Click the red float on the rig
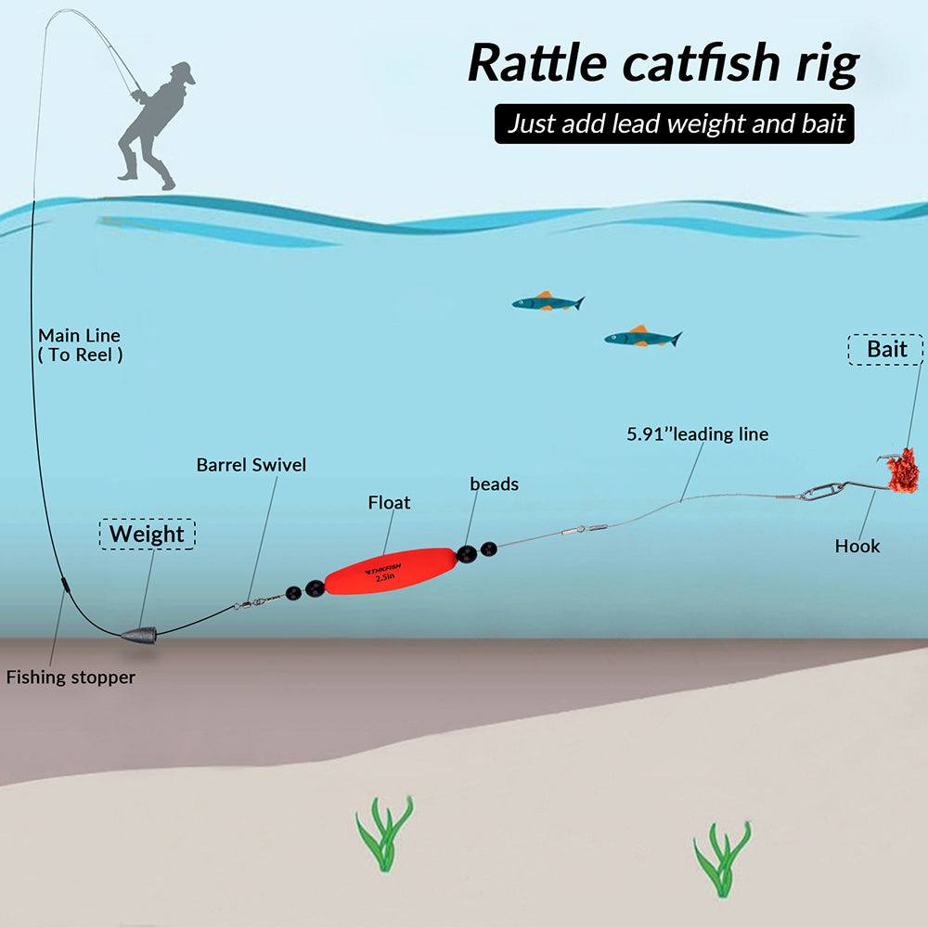click(391, 571)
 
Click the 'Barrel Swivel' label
click(251, 465)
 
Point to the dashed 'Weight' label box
click(147, 534)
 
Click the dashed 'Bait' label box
click(886, 349)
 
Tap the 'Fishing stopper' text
click(71, 677)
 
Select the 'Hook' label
click(857, 546)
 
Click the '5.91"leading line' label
click(697, 433)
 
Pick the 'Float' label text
click(389, 502)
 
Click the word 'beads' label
click(495, 483)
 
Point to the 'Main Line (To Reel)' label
click(80, 345)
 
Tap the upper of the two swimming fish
click(548, 302)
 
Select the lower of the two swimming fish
click(643, 337)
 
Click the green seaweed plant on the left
click(385, 833)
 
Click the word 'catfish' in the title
click(702, 63)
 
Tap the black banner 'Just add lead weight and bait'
click(674, 123)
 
